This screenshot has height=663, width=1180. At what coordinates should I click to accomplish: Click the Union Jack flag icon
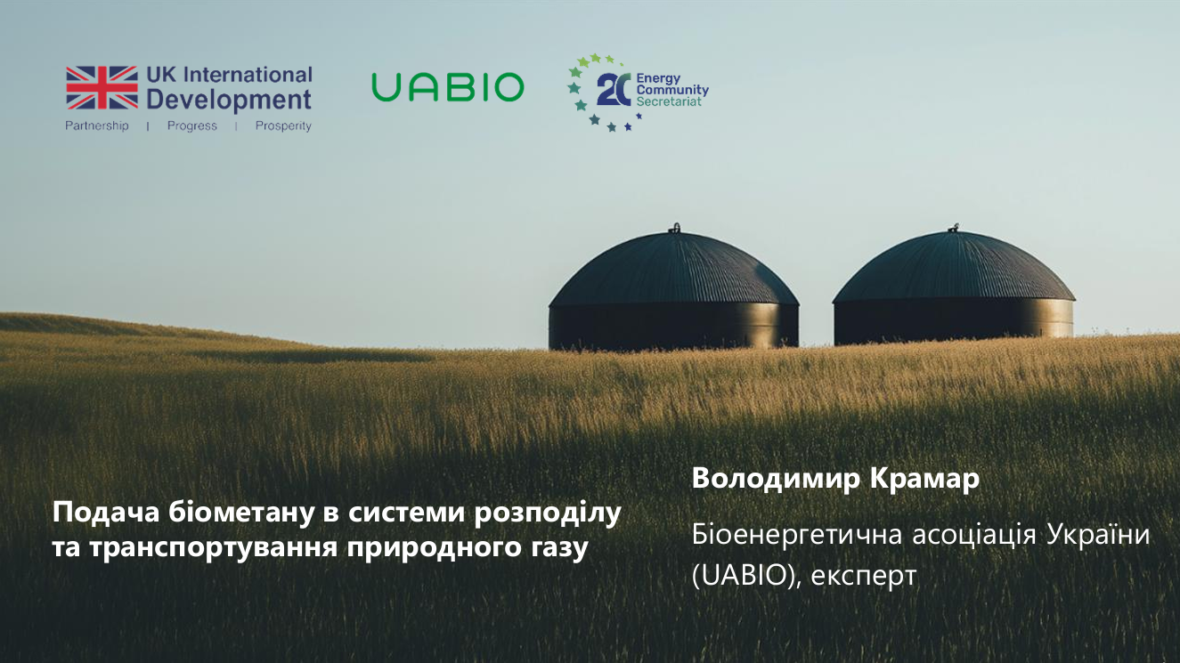point(102,87)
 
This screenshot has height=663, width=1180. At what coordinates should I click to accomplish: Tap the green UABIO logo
point(448,87)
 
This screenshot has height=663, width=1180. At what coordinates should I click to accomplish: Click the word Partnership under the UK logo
point(97,125)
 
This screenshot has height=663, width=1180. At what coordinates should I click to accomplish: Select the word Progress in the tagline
point(192,125)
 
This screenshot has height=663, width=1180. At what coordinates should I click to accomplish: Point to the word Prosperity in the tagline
point(283,125)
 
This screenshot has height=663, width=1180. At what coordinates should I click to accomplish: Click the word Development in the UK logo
point(229,100)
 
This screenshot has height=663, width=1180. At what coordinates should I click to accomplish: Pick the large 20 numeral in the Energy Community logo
point(614,90)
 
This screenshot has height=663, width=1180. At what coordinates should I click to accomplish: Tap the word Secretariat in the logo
point(669,101)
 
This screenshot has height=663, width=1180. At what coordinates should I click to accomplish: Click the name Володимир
point(777,479)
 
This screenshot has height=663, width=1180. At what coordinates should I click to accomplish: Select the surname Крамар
point(924,479)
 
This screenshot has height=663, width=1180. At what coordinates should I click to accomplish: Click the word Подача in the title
point(106,513)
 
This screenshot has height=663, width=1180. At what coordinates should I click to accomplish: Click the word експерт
point(864,576)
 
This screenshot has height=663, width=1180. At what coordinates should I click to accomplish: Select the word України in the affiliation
point(1098,535)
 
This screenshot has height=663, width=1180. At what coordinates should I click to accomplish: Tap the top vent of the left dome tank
point(676,228)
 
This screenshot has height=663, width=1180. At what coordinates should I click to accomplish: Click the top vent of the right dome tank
point(955,228)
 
